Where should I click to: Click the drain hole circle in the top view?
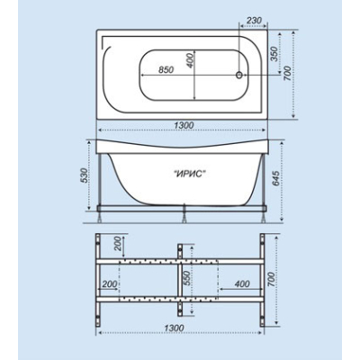point(239,75)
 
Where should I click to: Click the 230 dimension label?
point(254,21)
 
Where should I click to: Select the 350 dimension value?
point(274,54)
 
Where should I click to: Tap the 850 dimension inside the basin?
point(166,69)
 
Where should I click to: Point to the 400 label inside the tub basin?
point(191,60)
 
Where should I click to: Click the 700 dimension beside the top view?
point(287,73)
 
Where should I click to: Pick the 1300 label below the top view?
point(184,125)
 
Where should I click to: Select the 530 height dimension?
point(85,175)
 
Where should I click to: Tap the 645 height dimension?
point(276,178)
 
